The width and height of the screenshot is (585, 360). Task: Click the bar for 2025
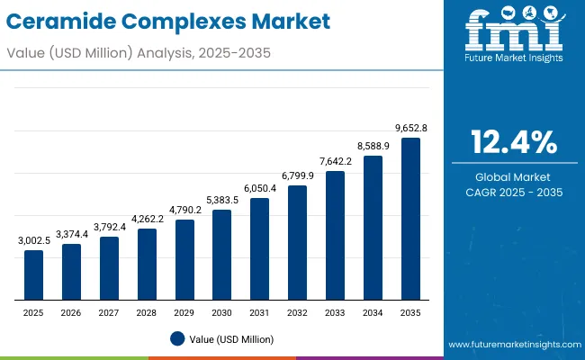coord(33,275)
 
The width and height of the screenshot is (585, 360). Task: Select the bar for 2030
coord(221,256)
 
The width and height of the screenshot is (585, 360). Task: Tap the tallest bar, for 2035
coord(410,219)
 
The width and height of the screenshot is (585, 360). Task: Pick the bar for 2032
coord(297,243)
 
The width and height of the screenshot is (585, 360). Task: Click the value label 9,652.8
coord(410,129)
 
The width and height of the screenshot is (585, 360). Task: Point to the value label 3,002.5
coord(33,241)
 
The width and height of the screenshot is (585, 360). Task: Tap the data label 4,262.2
coord(147,220)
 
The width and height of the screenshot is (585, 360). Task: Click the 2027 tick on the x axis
coord(109,312)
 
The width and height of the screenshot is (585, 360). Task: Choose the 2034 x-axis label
coord(373,312)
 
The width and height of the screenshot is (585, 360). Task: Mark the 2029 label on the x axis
coord(184,312)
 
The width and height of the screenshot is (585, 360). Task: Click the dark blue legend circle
coord(177,339)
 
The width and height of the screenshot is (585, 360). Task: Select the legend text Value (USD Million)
coord(233,339)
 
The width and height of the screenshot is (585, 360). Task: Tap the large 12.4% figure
coord(514,141)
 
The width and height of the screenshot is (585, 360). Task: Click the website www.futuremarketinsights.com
coord(513,345)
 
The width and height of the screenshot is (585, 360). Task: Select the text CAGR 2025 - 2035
coord(514,192)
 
